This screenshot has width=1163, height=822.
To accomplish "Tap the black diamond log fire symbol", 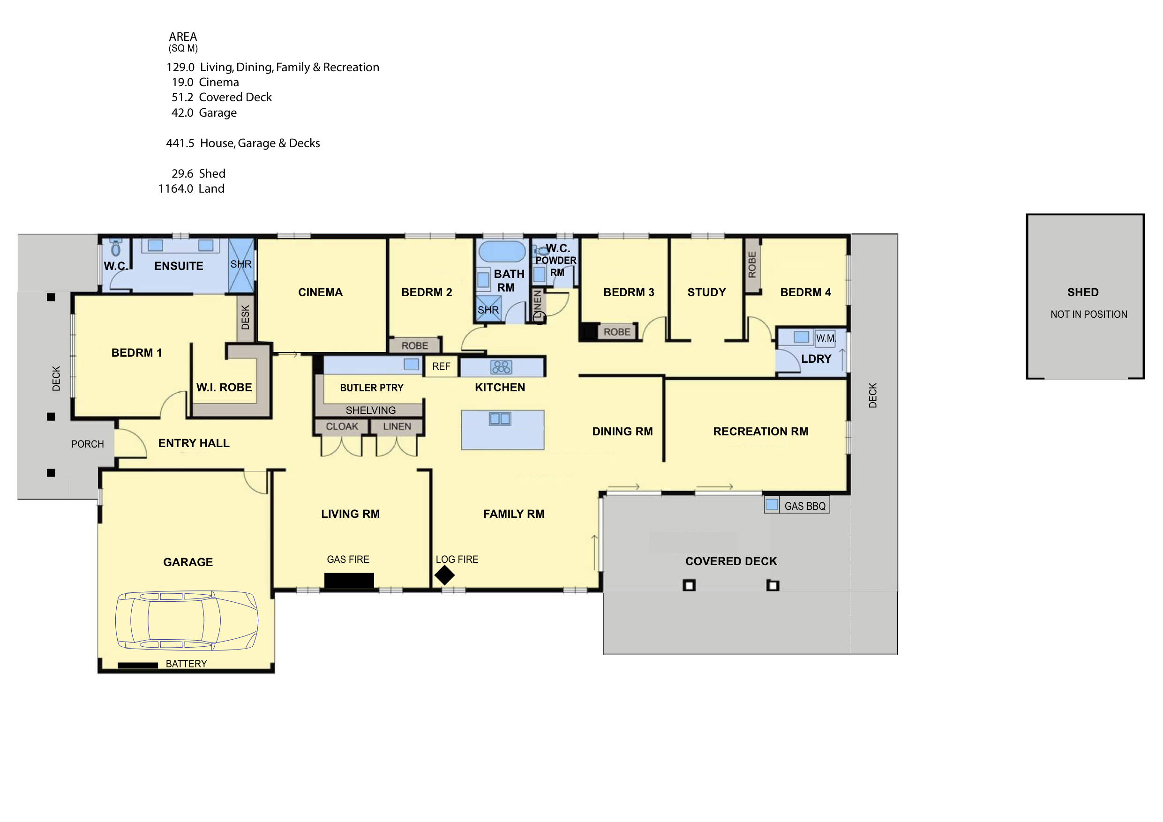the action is pyautogui.click(x=444, y=575).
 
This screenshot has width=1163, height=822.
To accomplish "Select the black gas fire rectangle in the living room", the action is pyautogui.click(x=349, y=580).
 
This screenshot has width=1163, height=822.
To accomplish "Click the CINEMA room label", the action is pyautogui.click(x=320, y=292).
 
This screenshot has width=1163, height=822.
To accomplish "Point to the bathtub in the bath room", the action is pyautogui.click(x=502, y=252).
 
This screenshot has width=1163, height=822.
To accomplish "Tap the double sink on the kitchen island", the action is pyautogui.click(x=500, y=418).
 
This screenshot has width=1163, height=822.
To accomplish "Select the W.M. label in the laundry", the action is pyautogui.click(x=825, y=338).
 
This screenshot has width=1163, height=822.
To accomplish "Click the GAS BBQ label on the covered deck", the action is pyautogui.click(x=805, y=506).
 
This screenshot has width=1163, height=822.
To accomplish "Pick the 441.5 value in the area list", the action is pyautogui.click(x=180, y=143).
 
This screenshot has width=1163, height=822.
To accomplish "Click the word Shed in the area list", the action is pyautogui.click(x=212, y=174).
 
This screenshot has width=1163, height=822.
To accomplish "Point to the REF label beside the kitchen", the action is pyautogui.click(x=441, y=366).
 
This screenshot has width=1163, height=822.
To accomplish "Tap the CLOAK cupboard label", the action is pyautogui.click(x=342, y=426).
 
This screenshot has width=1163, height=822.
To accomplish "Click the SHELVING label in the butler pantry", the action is pyautogui.click(x=371, y=410).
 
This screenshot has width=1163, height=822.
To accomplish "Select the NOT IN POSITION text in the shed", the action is pyautogui.click(x=1088, y=314).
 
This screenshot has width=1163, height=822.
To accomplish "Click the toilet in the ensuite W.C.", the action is pyautogui.click(x=116, y=247).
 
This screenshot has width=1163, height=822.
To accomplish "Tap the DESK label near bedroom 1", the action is pyautogui.click(x=245, y=318).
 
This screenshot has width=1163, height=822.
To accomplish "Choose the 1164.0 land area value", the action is pyautogui.click(x=176, y=189).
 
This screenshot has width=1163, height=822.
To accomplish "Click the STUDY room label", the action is pyautogui.click(x=706, y=292).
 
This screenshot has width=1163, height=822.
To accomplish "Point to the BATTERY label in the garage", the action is pyautogui.click(x=187, y=664).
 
